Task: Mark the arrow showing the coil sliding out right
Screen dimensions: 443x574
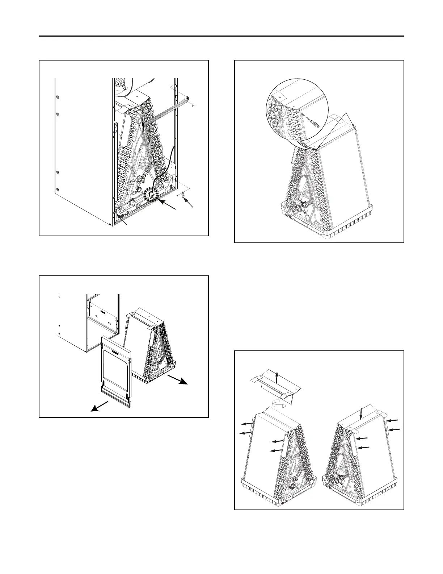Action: point(178,380)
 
